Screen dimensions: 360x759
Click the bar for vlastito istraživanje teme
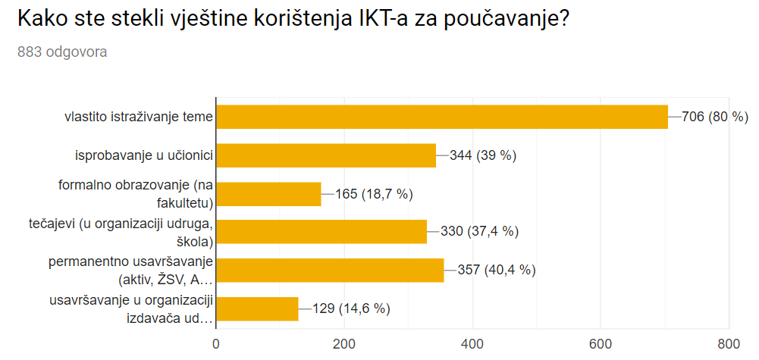click(442, 117)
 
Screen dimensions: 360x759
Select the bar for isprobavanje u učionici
click(326, 155)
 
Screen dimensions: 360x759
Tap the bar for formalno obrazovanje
click(268, 194)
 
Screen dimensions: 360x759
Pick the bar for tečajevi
click(321, 231)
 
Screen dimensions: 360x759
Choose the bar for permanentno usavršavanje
click(330, 270)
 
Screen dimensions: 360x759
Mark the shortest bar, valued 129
click(257, 308)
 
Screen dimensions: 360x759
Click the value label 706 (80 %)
click(715, 117)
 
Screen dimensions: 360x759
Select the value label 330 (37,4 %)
click(475, 231)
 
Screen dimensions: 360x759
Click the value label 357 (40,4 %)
click(497, 270)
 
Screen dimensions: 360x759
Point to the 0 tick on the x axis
click(216, 344)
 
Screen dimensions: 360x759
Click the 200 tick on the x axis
click(344, 344)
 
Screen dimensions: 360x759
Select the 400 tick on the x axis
click(472, 344)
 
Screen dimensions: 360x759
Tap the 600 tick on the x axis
click(601, 344)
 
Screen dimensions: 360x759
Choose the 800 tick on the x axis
click(729, 344)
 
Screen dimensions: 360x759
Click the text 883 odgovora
click(62, 52)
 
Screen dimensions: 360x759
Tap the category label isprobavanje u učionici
click(143, 156)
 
